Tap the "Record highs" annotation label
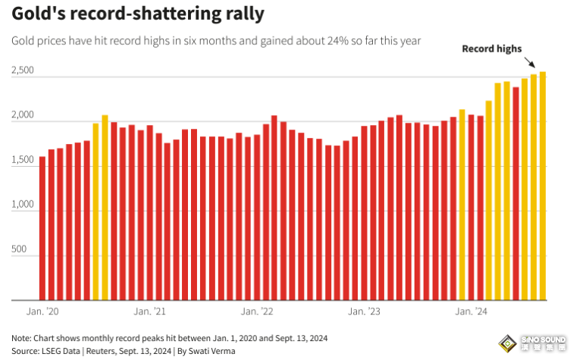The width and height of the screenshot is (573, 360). (x=492, y=49)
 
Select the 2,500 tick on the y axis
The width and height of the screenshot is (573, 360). (x=23, y=70)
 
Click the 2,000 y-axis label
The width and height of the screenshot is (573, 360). (x=23, y=115)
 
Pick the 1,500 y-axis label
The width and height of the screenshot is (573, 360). (x=23, y=160)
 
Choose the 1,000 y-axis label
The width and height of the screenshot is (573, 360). (x=23, y=205)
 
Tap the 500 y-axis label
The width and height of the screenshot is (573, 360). (x=19, y=249)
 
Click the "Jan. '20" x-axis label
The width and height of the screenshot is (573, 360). (x=42, y=311)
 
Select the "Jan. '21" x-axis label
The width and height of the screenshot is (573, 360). (x=150, y=311)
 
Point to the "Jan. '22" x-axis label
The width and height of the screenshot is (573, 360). (x=257, y=311)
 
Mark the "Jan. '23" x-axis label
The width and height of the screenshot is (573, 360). (x=365, y=311)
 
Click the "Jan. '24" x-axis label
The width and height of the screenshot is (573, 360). (x=472, y=311)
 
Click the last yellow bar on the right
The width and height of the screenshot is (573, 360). (x=543, y=186)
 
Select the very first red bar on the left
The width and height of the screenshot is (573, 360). (x=42, y=227)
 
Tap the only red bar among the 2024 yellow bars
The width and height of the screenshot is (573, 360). (x=515, y=193)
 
